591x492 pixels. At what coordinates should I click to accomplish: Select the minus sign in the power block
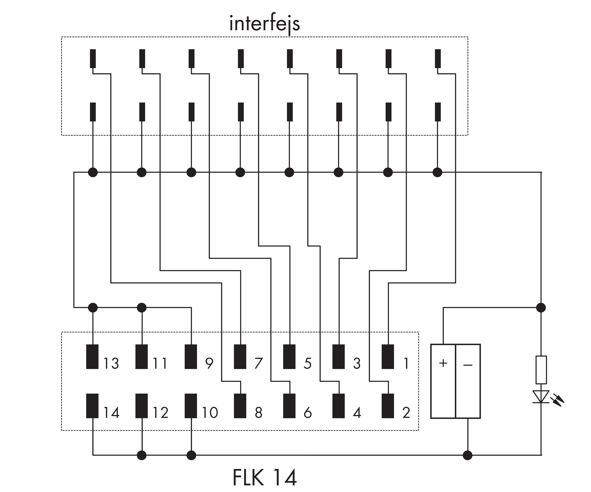(468, 365)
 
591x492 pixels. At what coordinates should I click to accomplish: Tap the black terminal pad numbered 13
(92, 356)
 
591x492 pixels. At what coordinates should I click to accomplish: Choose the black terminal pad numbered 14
(92, 406)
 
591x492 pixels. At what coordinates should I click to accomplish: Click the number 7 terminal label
(258, 363)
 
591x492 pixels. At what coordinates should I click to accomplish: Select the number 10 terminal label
(210, 412)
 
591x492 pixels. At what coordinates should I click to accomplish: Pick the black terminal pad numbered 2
(388, 406)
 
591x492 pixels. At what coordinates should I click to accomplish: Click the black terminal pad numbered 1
(388, 356)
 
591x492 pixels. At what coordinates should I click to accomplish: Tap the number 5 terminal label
(308, 363)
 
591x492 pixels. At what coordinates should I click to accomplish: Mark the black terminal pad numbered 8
(240, 406)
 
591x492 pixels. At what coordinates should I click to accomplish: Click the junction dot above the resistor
(541, 308)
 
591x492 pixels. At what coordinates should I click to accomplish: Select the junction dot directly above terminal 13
(93, 308)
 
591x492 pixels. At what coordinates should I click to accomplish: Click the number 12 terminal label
(160, 412)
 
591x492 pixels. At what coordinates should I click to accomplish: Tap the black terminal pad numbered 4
(339, 406)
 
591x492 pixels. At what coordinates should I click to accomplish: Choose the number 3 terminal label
(357, 363)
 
